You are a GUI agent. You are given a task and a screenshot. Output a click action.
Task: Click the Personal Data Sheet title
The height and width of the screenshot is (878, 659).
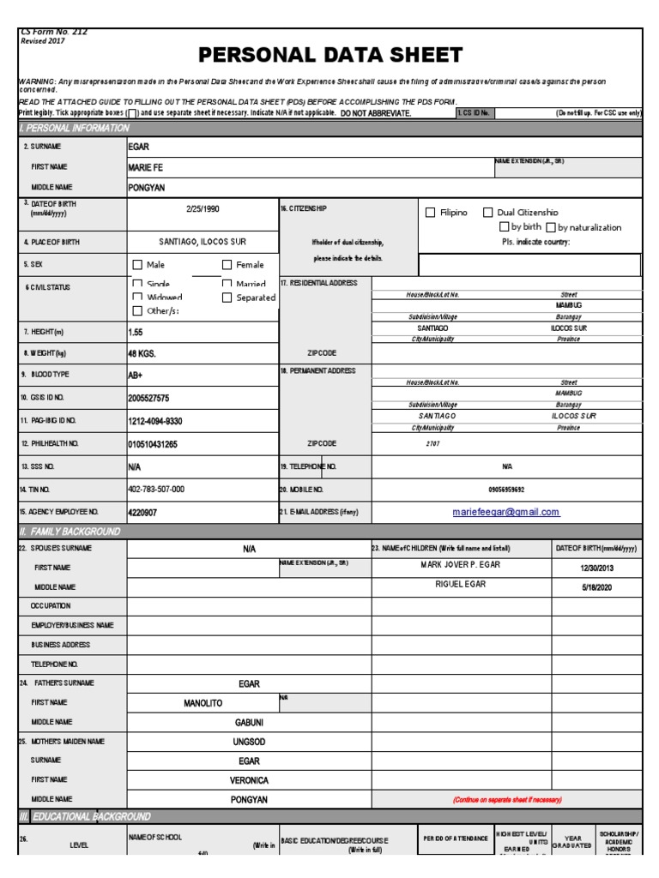click(330, 56)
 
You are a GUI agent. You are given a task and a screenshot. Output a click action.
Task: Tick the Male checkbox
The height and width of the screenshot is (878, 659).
click(137, 265)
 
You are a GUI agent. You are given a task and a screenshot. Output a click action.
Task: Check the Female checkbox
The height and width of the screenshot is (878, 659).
click(227, 265)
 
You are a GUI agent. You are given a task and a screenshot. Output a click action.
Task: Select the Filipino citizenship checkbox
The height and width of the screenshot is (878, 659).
click(431, 213)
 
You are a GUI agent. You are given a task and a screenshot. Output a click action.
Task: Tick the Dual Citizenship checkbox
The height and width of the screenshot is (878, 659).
click(488, 213)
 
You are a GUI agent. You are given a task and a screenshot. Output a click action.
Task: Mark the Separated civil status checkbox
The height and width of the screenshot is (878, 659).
click(227, 298)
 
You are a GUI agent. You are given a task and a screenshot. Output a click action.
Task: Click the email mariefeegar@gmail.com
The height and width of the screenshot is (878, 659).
click(506, 512)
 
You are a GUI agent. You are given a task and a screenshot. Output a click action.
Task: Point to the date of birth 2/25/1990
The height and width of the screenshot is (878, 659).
click(203, 208)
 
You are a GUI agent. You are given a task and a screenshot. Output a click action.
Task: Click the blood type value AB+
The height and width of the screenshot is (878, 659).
click(136, 375)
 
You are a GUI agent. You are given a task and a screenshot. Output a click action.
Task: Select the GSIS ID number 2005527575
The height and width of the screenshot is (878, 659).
click(148, 399)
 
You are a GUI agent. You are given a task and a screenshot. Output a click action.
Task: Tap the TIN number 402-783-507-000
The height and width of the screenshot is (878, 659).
click(156, 489)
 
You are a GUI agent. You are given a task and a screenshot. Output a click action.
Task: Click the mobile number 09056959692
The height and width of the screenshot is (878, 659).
click(506, 490)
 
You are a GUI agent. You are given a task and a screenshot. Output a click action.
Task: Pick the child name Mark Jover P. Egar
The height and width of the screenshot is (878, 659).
click(460, 565)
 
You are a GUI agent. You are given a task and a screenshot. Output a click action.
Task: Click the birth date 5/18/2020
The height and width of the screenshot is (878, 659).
click(596, 587)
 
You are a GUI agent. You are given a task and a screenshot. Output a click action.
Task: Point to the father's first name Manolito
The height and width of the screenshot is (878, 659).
click(203, 703)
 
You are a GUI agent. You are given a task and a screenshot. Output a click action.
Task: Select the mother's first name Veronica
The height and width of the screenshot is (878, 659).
click(249, 780)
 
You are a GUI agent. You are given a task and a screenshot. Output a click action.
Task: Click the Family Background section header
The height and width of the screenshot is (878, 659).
click(70, 532)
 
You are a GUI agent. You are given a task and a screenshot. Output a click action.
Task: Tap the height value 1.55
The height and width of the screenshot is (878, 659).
click(136, 331)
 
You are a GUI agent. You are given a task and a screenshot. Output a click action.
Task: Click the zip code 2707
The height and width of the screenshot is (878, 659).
click(432, 444)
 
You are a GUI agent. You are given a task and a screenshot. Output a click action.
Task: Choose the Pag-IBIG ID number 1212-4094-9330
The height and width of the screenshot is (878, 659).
click(155, 422)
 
